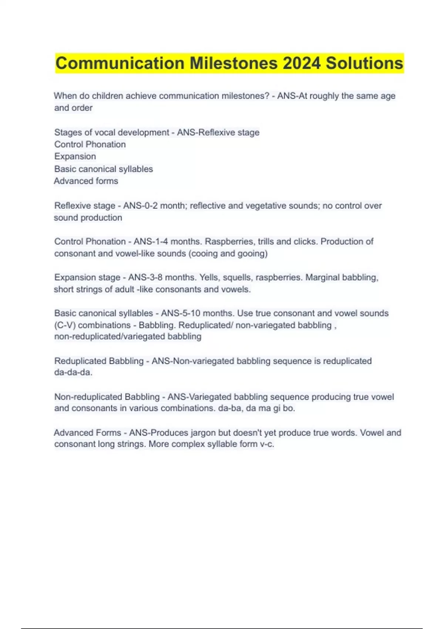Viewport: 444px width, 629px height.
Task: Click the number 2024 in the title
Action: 302,63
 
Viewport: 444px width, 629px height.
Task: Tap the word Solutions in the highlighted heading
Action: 364,63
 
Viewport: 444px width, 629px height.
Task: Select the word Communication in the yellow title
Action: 120,63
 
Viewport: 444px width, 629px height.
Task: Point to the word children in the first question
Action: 107,96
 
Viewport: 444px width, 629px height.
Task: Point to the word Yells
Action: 209,277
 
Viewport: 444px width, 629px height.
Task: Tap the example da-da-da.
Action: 73,373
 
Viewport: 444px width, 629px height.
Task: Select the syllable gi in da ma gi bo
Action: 276,408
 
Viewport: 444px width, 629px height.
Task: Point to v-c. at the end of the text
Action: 267,444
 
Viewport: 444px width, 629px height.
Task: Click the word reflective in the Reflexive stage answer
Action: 207,206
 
